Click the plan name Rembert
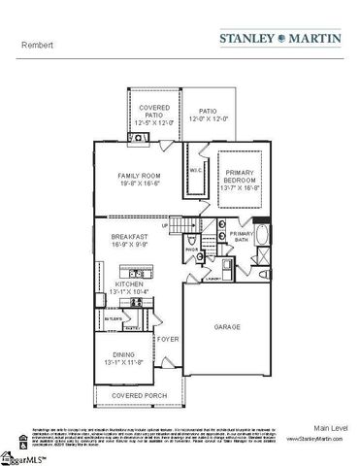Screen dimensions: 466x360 pyautogui.click(x=36, y=45)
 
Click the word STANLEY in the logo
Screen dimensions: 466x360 pyautogui.click(x=247, y=40)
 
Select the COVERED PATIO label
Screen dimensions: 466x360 pyautogui.click(x=154, y=110)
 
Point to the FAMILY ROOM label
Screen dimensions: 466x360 pyautogui.click(x=135, y=176)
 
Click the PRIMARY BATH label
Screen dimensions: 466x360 pyautogui.click(x=242, y=236)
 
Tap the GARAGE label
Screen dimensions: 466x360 pyautogui.click(x=227, y=326)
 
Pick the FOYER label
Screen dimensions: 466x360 pyautogui.click(x=169, y=339)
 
